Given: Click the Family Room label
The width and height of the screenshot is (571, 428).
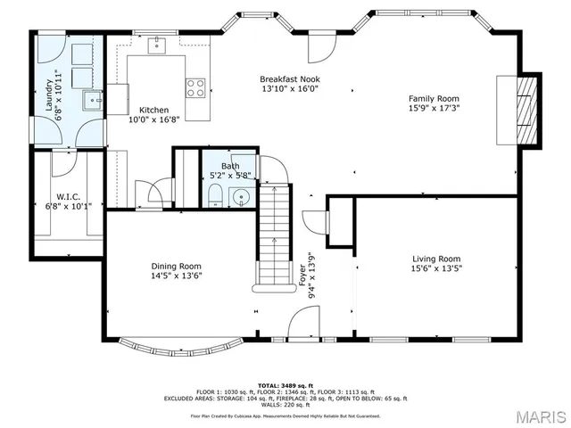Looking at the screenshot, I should [x=434, y=99].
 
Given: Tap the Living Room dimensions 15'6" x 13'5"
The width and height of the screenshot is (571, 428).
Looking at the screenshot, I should [x=436, y=267].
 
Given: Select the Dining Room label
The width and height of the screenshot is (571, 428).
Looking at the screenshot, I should [x=176, y=266].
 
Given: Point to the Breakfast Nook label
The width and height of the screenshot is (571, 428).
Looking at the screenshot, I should [x=290, y=78].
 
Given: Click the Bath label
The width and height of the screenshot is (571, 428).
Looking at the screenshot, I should [x=230, y=166].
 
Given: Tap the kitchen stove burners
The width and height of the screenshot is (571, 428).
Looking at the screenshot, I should [x=195, y=87].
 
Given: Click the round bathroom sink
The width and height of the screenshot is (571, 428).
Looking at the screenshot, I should [x=239, y=196].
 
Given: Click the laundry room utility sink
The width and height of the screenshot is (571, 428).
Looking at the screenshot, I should [x=92, y=100].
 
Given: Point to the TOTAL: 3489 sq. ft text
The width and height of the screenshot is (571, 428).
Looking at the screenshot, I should [x=285, y=381].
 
